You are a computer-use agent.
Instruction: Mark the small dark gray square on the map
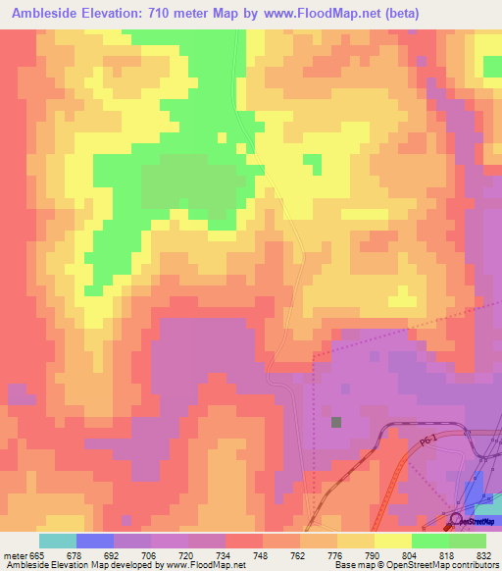(x=336, y=422)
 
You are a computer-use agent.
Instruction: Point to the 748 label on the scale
(x=262, y=555)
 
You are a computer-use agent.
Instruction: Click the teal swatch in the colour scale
(x=58, y=541)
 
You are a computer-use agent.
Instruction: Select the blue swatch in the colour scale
(x=95, y=541)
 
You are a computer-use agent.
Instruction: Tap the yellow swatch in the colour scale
(x=392, y=541)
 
